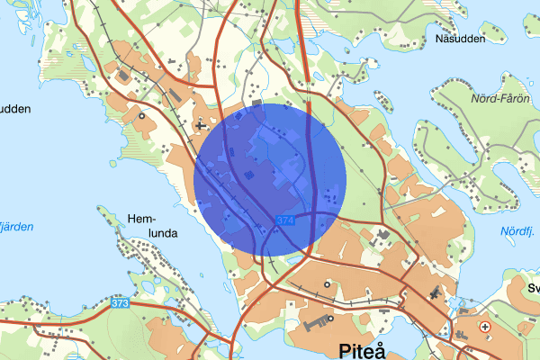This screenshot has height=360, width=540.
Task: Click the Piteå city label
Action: pos(362,349)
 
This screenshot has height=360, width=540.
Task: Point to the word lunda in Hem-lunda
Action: pos(154,232)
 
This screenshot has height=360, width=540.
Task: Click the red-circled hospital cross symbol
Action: pos(486,327)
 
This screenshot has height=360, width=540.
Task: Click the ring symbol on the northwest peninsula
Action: pos(141,115)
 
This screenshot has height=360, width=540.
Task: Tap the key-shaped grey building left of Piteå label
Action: pos(315,320)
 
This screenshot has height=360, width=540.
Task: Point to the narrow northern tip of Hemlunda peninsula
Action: pos(102,211)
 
